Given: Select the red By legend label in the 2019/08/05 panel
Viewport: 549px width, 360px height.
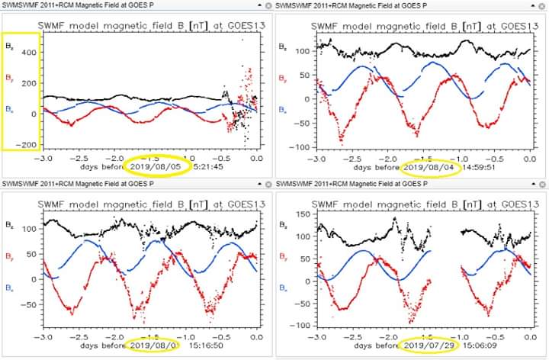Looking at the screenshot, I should [x=9, y=78].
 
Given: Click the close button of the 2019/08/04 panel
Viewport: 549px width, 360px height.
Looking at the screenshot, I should [x=541, y=6].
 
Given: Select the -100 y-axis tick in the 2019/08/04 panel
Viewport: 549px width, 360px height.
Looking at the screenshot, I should [x=303, y=147].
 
